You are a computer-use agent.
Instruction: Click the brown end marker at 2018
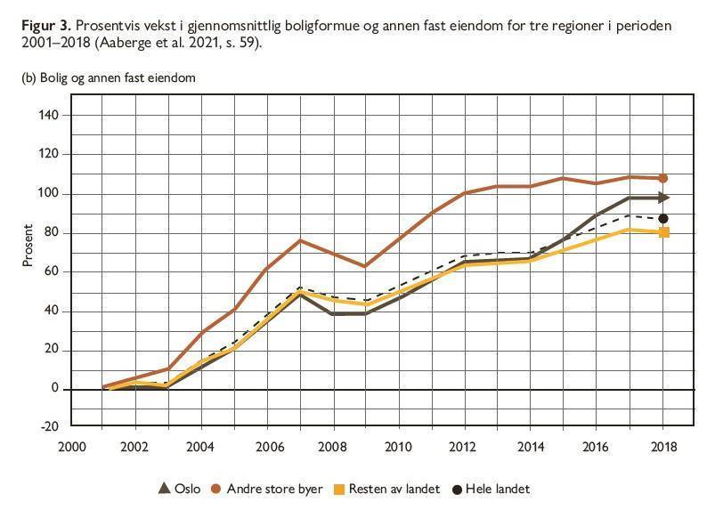point(662,179)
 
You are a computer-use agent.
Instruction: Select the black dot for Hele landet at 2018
point(662,219)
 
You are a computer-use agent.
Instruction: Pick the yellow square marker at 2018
point(662,232)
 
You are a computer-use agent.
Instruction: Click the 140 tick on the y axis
point(48,115)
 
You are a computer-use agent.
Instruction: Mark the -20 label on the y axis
point(50,426)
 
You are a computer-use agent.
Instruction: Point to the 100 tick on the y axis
point(48,193)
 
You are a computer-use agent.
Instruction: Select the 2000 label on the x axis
point(69,446)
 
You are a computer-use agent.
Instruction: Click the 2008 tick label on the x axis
point(333,446)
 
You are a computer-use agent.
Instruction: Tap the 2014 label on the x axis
point(531,446)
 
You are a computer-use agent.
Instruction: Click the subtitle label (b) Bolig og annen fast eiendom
point(108,77)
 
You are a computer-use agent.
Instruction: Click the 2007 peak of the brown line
point(300,240)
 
